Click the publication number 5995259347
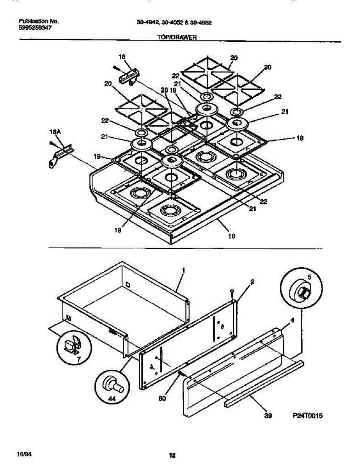[35, 28]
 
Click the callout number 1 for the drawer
[183, 270]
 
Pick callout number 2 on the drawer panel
[252, 282]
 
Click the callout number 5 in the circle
[309, 277]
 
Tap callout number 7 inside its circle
[79, 358]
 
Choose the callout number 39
[268, 416]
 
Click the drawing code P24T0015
[308, 416]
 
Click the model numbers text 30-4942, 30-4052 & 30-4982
[174, 23]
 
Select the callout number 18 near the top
[122, 57]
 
